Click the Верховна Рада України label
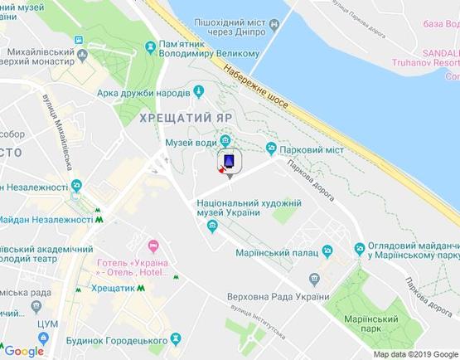click(x=280, y=298)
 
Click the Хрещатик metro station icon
click(x=140, y=288)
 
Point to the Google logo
click(x=23, y=351)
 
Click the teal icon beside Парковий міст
click(x=270, y=148)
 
